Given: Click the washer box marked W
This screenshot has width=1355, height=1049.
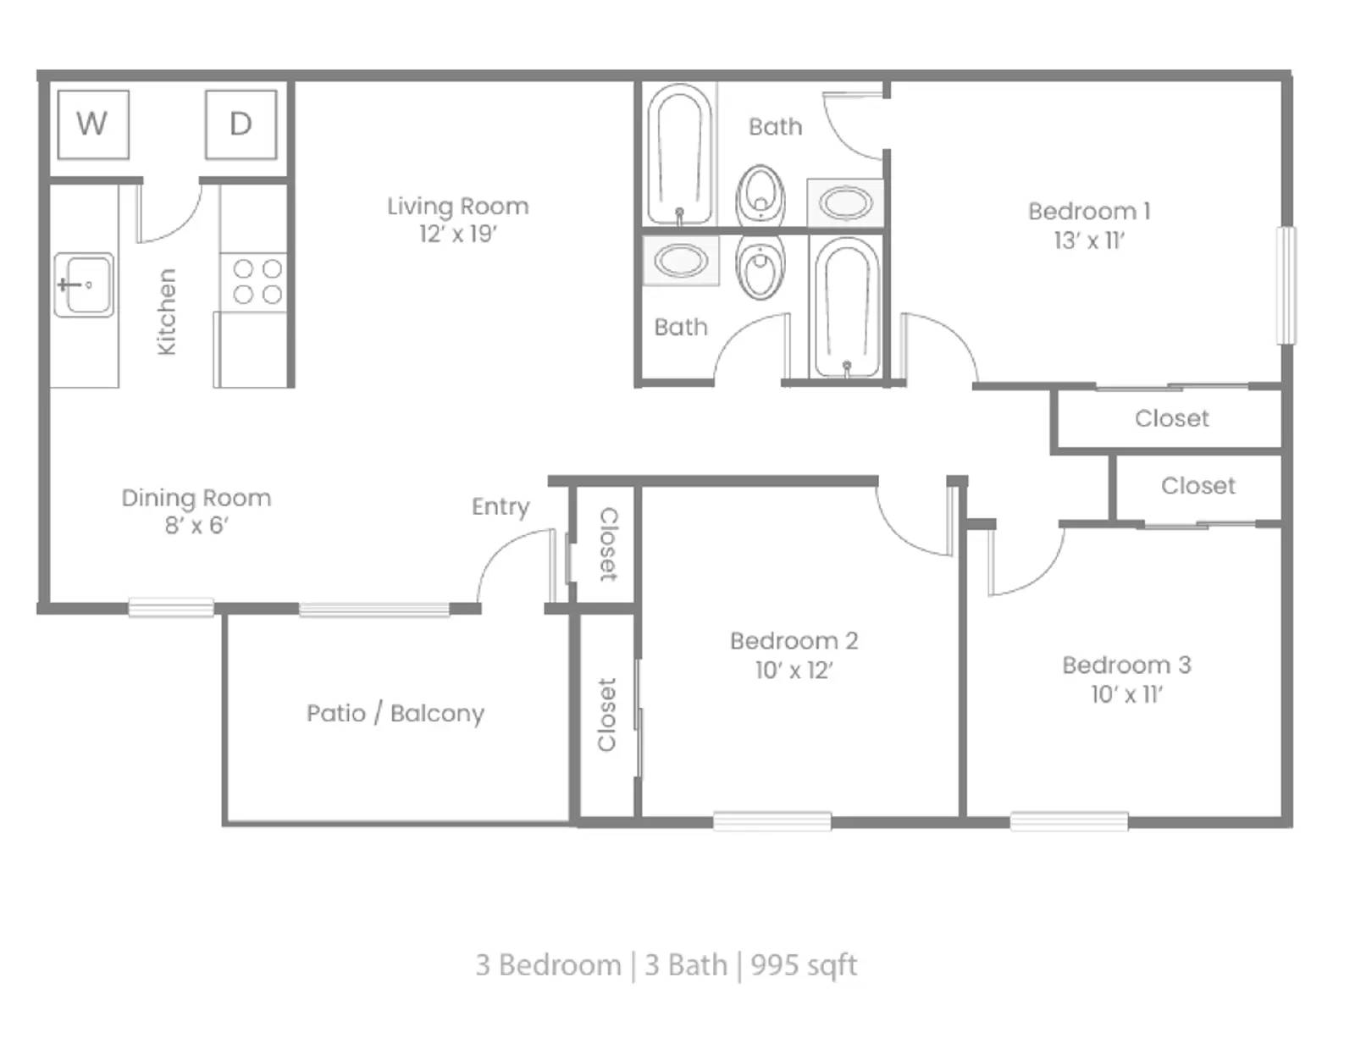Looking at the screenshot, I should pos(93,124).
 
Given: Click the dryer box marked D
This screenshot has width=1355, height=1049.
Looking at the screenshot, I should pos(241,124).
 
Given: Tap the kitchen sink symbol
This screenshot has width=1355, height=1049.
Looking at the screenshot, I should pos(83,284).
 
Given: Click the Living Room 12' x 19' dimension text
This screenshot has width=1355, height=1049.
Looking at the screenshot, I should pos(458,235).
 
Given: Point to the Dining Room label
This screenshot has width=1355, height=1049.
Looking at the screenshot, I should pos(196,498).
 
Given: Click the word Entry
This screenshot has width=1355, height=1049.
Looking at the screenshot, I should pos(501,506).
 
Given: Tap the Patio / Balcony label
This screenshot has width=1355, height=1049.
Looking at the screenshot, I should pos(395,713).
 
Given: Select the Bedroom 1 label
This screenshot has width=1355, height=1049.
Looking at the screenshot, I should pos(1089,212).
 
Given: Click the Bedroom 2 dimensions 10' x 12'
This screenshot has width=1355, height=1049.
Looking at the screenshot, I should pos(794,671).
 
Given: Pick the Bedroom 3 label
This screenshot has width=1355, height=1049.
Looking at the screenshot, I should pos(1126,665).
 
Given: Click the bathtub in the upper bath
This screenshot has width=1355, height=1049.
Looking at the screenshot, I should pos(679,154).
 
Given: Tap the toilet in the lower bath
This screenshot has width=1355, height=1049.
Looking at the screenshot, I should pos(760,268).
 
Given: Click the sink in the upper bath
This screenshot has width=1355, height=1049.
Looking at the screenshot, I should pos(846,203).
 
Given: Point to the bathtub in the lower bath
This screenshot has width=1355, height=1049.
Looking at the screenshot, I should pos(846,307).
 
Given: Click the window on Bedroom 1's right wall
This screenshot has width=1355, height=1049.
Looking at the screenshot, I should pos(1286,285).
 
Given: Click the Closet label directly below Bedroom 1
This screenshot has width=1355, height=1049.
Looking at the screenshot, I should pos(1171,418).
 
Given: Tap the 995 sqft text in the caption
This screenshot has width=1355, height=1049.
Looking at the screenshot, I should pos(804,965).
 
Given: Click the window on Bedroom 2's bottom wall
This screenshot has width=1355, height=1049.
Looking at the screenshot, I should pos(772,820).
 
